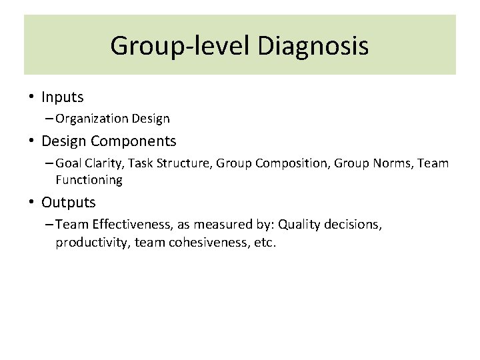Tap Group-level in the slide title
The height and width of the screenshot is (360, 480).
point(181,46)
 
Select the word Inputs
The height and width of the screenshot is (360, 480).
point(63,97)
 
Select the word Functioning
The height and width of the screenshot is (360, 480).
point(89,180)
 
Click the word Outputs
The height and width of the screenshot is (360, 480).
point(69,202)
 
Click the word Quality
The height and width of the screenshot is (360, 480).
point(302,225)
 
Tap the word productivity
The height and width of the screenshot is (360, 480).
point(92,243)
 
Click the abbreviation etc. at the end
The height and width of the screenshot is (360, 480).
point(263,243)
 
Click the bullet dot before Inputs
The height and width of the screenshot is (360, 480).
point(31,97)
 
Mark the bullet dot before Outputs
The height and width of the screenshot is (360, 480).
point(31,202)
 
